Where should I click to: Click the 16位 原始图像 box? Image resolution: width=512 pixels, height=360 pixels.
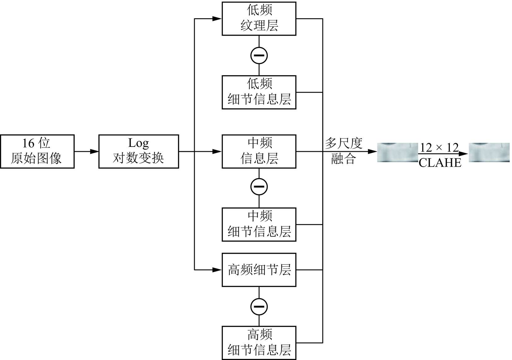[x=37, y=151]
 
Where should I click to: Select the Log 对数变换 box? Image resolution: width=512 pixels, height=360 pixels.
[x=138, y=151]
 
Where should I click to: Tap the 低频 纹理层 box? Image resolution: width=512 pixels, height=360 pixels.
[x=259, y=19]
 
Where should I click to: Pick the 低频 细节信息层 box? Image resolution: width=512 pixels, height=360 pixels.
[x=259, y=92]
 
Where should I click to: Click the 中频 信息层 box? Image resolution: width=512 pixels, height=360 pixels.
[x=259, y=151]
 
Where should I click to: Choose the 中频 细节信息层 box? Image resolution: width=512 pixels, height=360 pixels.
[x=259, y=224]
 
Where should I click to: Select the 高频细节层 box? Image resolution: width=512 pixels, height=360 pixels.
[x=259, y=270]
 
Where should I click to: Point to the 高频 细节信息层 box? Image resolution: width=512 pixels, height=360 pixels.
[x=259, y=343]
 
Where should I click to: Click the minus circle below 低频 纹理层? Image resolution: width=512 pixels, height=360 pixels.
[x=259, y=55]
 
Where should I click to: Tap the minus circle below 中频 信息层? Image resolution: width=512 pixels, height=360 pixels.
[x=259, y=187]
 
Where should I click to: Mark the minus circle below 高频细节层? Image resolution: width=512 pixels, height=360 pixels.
[x=259, y=306]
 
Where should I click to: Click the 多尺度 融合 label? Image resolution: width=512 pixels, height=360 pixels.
[x=343, y=151]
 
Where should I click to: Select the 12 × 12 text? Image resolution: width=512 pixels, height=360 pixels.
[x=439, y=147]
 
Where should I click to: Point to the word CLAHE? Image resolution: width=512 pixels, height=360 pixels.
[x=440, y=162]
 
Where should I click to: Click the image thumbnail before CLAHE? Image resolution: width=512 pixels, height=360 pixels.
[x=397, y=152]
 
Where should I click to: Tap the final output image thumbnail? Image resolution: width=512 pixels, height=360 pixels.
[x=489, y=152]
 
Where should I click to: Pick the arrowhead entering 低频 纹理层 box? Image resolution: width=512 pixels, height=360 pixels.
[x=217, y=19]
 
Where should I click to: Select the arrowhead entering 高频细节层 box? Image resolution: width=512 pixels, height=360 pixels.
[x=217, y=270]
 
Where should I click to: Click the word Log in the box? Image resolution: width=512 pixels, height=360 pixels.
[x=138, y=143]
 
